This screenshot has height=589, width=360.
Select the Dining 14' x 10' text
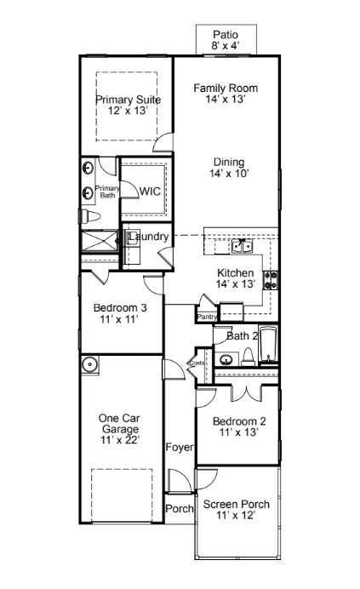click(x=229, y=168)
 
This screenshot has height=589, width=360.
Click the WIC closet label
click(x=150, y=192)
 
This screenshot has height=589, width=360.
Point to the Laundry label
click(x=148, y=237)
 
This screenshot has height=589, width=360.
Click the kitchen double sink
click(x=242, y=246)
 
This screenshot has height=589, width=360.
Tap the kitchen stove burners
click(x=271, y=280)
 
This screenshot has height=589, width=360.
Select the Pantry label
click(x=207, y=317)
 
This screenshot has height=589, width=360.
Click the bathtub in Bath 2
click(x=269, y=346)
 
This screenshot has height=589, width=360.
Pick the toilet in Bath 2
click(x=248, y=357)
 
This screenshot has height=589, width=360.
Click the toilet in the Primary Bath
click(x=90, y=217)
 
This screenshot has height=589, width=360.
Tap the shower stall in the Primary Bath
click(x=100, y=241)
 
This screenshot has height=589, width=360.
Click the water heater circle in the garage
click(x=90, y=364)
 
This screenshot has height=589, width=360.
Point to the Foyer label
click(x=180, y=448)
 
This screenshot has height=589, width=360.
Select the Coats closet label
click(x=197, y=363)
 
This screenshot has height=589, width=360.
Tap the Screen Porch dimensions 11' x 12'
click(x=236, y=516)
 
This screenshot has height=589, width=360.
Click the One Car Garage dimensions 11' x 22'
click(x=120, y=440)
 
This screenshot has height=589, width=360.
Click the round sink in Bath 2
click(x=226, y=359)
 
